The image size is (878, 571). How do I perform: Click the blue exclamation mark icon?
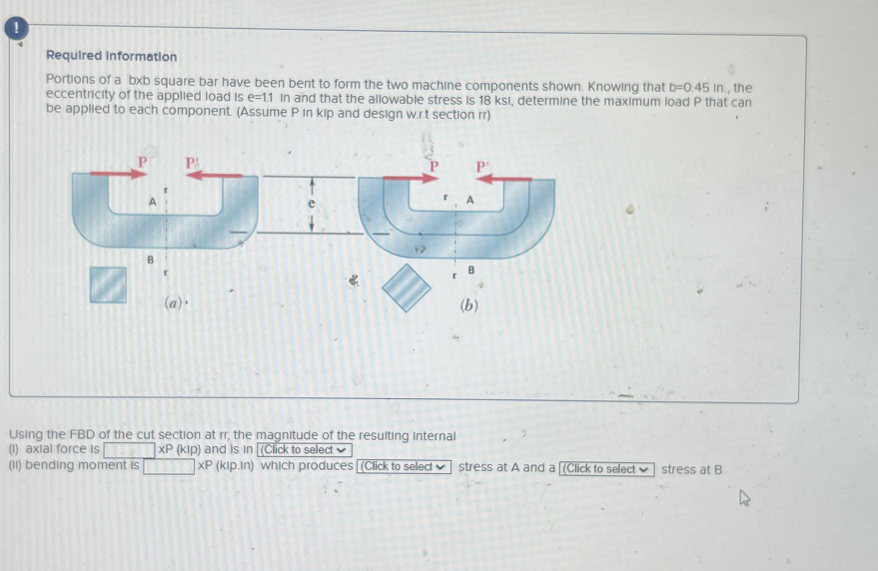(x=16, y=29)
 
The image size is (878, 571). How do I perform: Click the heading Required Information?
(x=111, y=56)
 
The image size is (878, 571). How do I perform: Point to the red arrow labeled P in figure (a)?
(x=118, y=174)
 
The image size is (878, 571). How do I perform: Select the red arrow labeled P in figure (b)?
(x=410, y=178)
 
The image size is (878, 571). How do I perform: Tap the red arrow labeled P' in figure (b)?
(x=504, y=178)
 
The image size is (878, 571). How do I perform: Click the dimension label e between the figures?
(x=311, y=203)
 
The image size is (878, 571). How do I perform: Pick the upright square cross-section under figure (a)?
(x=108, y=285)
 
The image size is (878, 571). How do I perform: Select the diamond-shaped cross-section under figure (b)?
(x=406, y=288)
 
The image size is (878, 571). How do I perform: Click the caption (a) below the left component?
(x=174, y=303)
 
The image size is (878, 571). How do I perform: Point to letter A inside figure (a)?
(x=152, y=202)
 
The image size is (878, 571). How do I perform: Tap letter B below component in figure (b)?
(x=471, y=270)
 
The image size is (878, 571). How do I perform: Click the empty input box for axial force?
(x=129, y=450)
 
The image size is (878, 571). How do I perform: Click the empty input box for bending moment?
(x=169, y=466)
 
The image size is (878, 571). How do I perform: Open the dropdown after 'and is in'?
(x=304, y=450)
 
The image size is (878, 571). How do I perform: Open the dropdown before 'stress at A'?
(x=404, y=467)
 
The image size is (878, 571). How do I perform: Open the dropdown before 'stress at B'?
(x=606, y=469)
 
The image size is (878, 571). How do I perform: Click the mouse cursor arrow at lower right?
(x=744, y=497)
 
